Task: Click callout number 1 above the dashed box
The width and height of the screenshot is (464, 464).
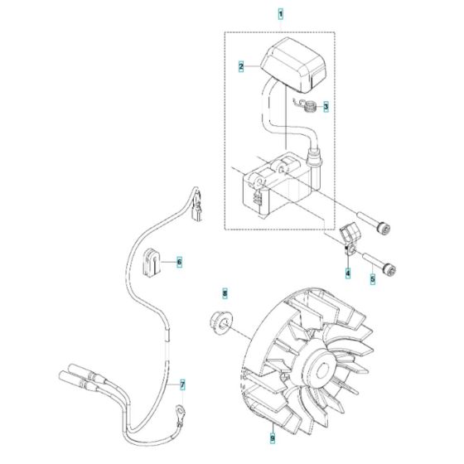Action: (x=279, y=15)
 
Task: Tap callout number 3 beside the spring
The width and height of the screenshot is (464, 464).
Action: (x=325, y=107)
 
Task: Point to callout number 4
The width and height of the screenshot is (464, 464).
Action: (x=348, y=273)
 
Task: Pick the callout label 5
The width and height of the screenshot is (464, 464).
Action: (x=372, y=278)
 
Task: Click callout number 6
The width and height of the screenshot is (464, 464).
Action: (x=178, y=262)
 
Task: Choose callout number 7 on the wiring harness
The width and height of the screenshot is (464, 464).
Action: (x=183, y=384)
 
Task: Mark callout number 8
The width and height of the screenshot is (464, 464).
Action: (x=222, y=293)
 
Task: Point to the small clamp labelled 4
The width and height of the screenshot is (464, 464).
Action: (x=348, y=245)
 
